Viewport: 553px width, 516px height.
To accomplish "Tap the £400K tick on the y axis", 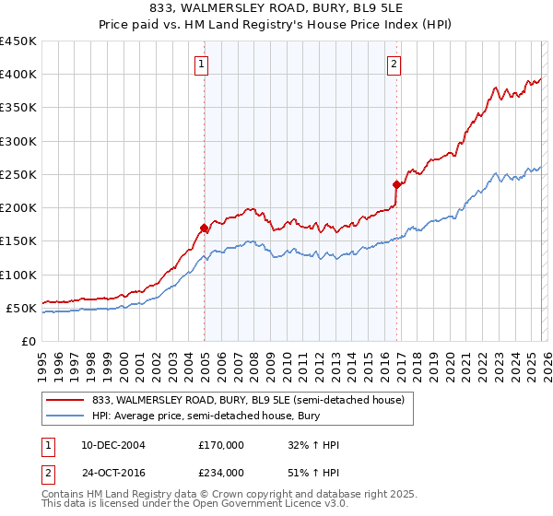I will (18, 75).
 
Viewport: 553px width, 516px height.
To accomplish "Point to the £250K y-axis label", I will (18, 174).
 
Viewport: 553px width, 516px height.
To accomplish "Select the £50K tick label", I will (22, 308).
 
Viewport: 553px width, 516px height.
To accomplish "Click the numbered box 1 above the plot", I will (201, 64).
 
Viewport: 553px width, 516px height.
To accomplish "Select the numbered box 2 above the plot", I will (394, 64).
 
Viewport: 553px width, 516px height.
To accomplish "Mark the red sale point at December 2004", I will (204, 228).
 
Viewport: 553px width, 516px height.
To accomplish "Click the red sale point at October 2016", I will (396, 184).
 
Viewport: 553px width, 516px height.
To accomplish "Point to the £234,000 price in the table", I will (221, 473).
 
